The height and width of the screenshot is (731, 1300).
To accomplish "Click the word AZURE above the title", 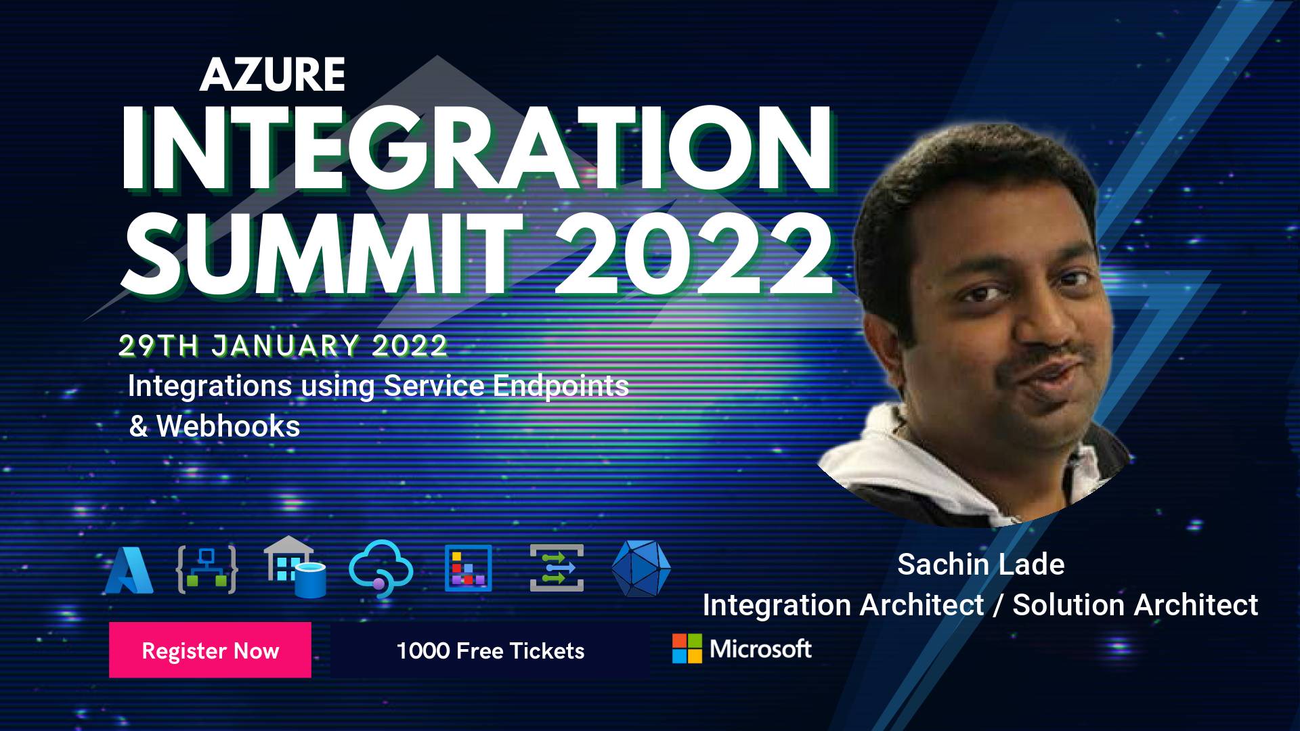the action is tap(272, 74).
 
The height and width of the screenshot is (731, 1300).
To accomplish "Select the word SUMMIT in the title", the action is tap(323, 253).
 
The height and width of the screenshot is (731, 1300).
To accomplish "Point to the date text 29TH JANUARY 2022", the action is tap(283, 346).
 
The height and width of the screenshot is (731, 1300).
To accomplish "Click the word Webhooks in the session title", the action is tap(228, 426).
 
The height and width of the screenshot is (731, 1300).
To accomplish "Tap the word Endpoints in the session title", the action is tap(561, 387).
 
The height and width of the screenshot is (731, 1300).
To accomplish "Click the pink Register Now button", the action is tap(210, 650).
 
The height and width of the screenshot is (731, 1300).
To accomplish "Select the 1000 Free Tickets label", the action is tap(490, 651).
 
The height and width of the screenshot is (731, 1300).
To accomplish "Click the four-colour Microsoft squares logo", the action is tap(687, 648).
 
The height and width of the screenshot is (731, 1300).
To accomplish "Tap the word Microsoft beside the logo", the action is tap(760, 649).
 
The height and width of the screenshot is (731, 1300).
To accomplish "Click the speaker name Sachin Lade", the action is tap(981, 564).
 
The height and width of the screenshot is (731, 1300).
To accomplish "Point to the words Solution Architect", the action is tap(1135, 605).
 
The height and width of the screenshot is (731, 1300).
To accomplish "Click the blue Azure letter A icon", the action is tap(129, 570).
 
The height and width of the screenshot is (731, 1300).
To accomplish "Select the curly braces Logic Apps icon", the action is tap(207, 569).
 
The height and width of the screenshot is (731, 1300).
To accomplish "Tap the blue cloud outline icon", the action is tap(381, 567).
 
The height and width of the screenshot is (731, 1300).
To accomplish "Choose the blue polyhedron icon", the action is tap(641, 569).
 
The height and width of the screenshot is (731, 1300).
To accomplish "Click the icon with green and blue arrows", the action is tap(557, 568).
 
